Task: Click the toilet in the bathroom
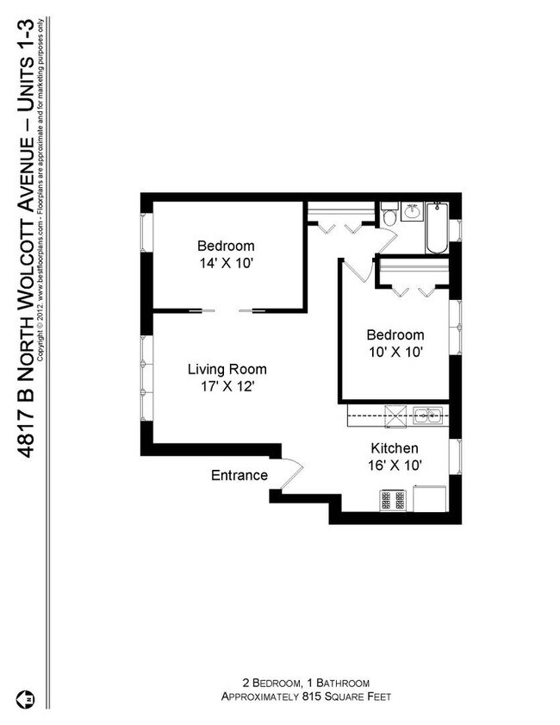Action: [x=389, y=216]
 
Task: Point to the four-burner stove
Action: [x=393, y=499]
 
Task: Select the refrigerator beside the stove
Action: [x=428, y=498]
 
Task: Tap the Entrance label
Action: [x=240, y=476]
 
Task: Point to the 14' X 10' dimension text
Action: [x=225, y=262]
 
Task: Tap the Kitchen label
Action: [x=394, y=448]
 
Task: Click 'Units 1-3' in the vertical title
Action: [x=28, y=49]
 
